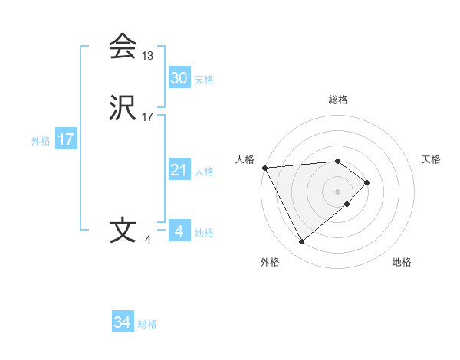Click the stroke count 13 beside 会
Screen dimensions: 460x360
point(147,56)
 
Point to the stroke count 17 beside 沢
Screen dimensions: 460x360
point(147,117)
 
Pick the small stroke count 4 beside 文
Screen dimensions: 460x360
point(147,240)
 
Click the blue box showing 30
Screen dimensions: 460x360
point(179,78)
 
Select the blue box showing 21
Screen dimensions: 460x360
point(179,170)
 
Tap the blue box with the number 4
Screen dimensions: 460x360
point(179,231)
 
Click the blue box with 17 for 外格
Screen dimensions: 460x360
point(65,139)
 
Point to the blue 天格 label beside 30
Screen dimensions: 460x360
point(204,80)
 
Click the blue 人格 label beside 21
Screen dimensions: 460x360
point(204,172)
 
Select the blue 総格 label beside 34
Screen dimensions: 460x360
point(147,324)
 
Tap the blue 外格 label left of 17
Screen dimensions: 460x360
point(41,141)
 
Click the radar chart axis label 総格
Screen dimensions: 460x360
point(338,100)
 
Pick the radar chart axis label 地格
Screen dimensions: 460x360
point(402,262)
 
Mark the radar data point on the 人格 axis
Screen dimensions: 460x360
point(264,167)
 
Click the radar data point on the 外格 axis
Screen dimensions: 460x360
point(301,242)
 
